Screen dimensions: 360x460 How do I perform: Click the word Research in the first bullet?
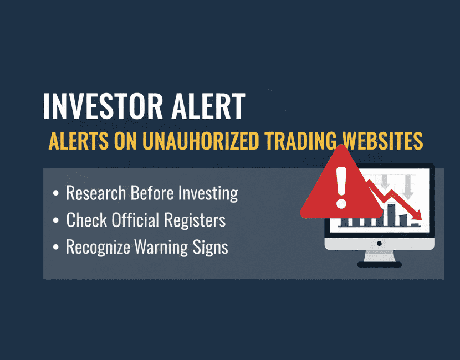[96, 193]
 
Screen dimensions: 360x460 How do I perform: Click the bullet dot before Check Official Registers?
[55, 221]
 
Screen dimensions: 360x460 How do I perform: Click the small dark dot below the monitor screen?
[379, 243]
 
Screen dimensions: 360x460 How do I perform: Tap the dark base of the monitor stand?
[379, 264]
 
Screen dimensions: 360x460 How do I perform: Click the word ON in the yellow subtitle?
[124, 141]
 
